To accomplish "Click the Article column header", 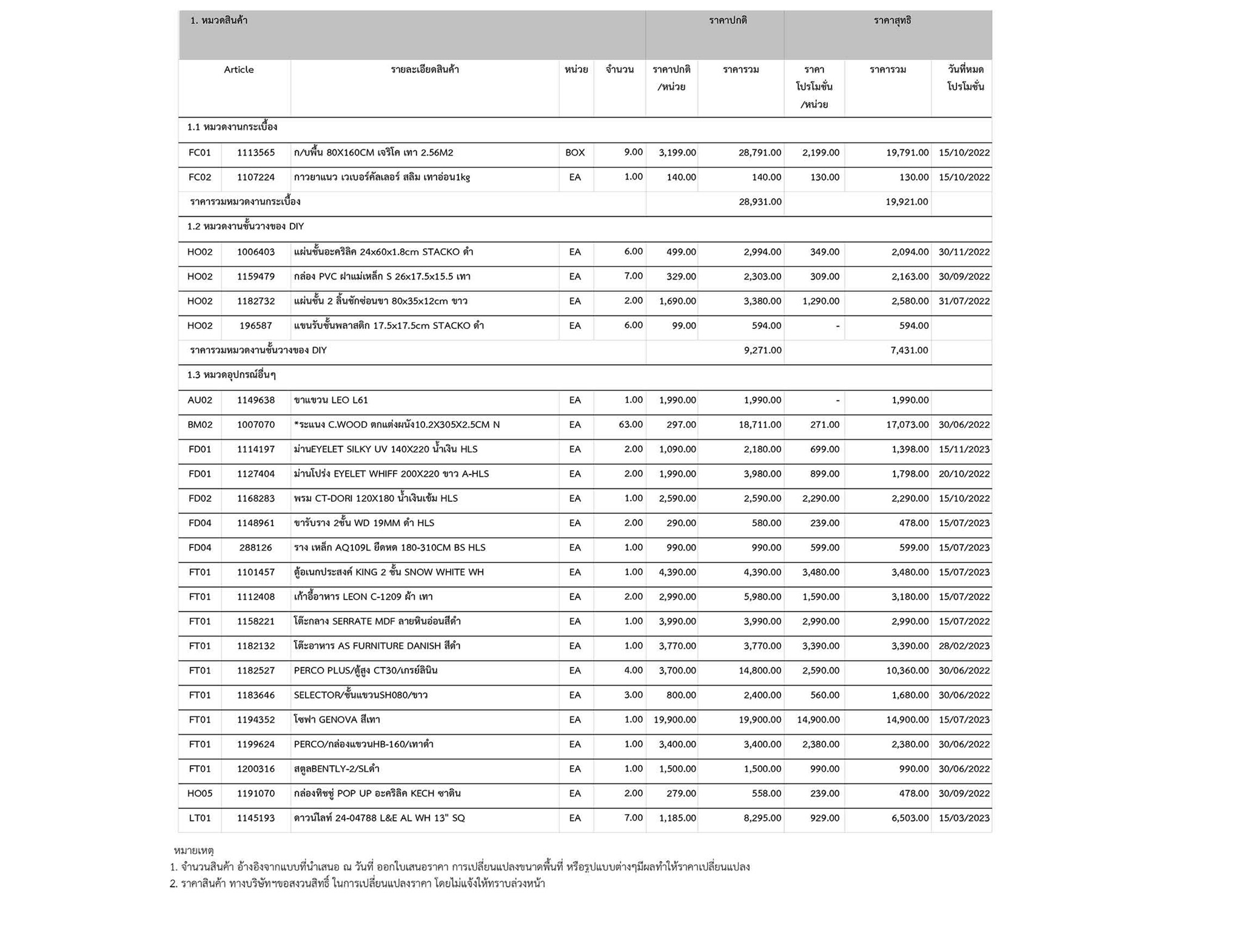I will pyautogui.click(x=238, y=70).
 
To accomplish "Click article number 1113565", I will pyautogui.click(x=255, y=153).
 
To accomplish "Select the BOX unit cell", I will pyautogui.click(x=575, y=153).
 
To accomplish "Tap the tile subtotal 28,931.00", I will pyautogui.click(x=760, y=201).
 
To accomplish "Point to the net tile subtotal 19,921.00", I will pyautogui.click(x=907, y=201).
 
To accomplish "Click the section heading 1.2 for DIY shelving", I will pyautogui.click(x=246, y=226).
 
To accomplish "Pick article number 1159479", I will pyautogui.click(x=255, y=277).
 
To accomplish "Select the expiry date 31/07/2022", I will pyautogui.click(x=964, y=302).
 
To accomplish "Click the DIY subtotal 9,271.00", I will pyautogui.click(x=762, y=350).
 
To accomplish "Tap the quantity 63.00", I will pyautogui.click(x=630, y=425).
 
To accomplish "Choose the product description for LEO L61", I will pyautogui.click(x=331, y=400).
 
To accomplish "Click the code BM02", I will pyautogui.click(x=200, y=425).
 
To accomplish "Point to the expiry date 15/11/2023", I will pyautogui.click(x=964, y=450).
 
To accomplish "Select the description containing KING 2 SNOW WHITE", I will pyautogui.click(x=389, y=572).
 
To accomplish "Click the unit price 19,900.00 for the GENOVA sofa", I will pyautogui.click(x=674, y=720).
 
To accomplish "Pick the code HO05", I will pyautogui.click(x=200, y=794).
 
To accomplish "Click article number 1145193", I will pyautogui.click(x=255, y=818).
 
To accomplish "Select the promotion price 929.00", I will pyautogui.click(x=825, y=818).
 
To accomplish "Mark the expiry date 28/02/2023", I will pyautogui.click(x=964, y=646).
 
